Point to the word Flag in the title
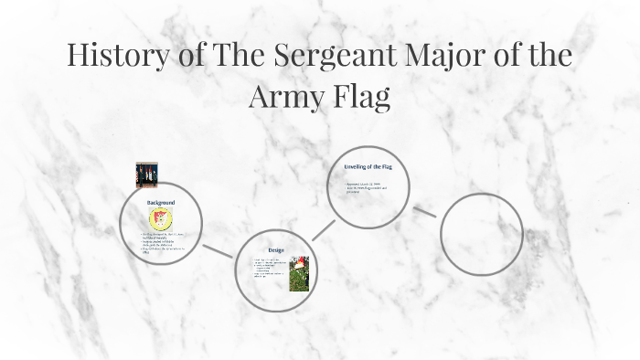[363, 95]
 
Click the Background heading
[161, 201]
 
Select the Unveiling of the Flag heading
[375, 168]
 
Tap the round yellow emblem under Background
[161, 218]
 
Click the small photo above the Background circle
[146, 175]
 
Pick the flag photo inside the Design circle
[299, 272]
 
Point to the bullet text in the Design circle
[270, 269]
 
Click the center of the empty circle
[481, 234]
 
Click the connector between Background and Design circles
[218, 251]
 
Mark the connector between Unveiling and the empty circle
[423, 211]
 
